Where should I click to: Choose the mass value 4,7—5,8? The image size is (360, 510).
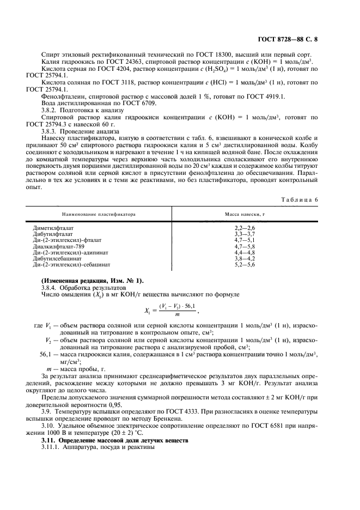[245, 246]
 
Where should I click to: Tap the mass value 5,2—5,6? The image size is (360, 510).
[245, 265]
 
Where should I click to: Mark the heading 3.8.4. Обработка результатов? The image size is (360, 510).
[84, 287]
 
